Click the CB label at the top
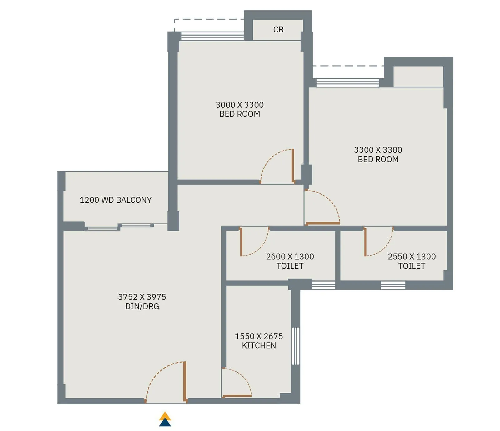(x=278, y=30)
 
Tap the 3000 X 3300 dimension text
(x=240, y=105)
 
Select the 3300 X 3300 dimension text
(x=378, y=150)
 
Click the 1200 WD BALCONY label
(x=116, y=200)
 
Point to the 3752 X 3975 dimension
(x=142, y=297)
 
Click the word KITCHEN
(x=259, y=346)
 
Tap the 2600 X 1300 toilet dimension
(x=290, y=257)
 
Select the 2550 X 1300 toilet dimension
(x=412, y=257)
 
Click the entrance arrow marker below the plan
(x=165, y=419)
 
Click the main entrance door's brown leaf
(x=185, y=381)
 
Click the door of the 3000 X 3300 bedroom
(x=293, y=166)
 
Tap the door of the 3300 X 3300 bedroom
(x=322, y=223)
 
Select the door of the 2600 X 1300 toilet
(x=241, y=242)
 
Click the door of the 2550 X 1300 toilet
(x=365, y=242)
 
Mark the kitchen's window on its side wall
(x=295, y=346)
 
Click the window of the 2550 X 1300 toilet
(x=393, y=285)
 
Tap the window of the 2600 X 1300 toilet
(x=323, y=285)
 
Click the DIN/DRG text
(x=142, y=306)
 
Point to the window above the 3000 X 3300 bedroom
(x=212, y=36)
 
